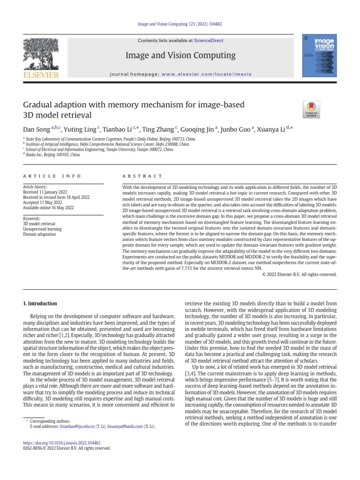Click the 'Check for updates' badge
pos(311,109)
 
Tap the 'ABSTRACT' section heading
pos(136,176)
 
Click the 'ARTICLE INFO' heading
pos(52,176)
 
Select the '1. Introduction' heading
pos(40,303)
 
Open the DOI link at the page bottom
pos(62,442)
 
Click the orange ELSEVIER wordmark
pos(41,75)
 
